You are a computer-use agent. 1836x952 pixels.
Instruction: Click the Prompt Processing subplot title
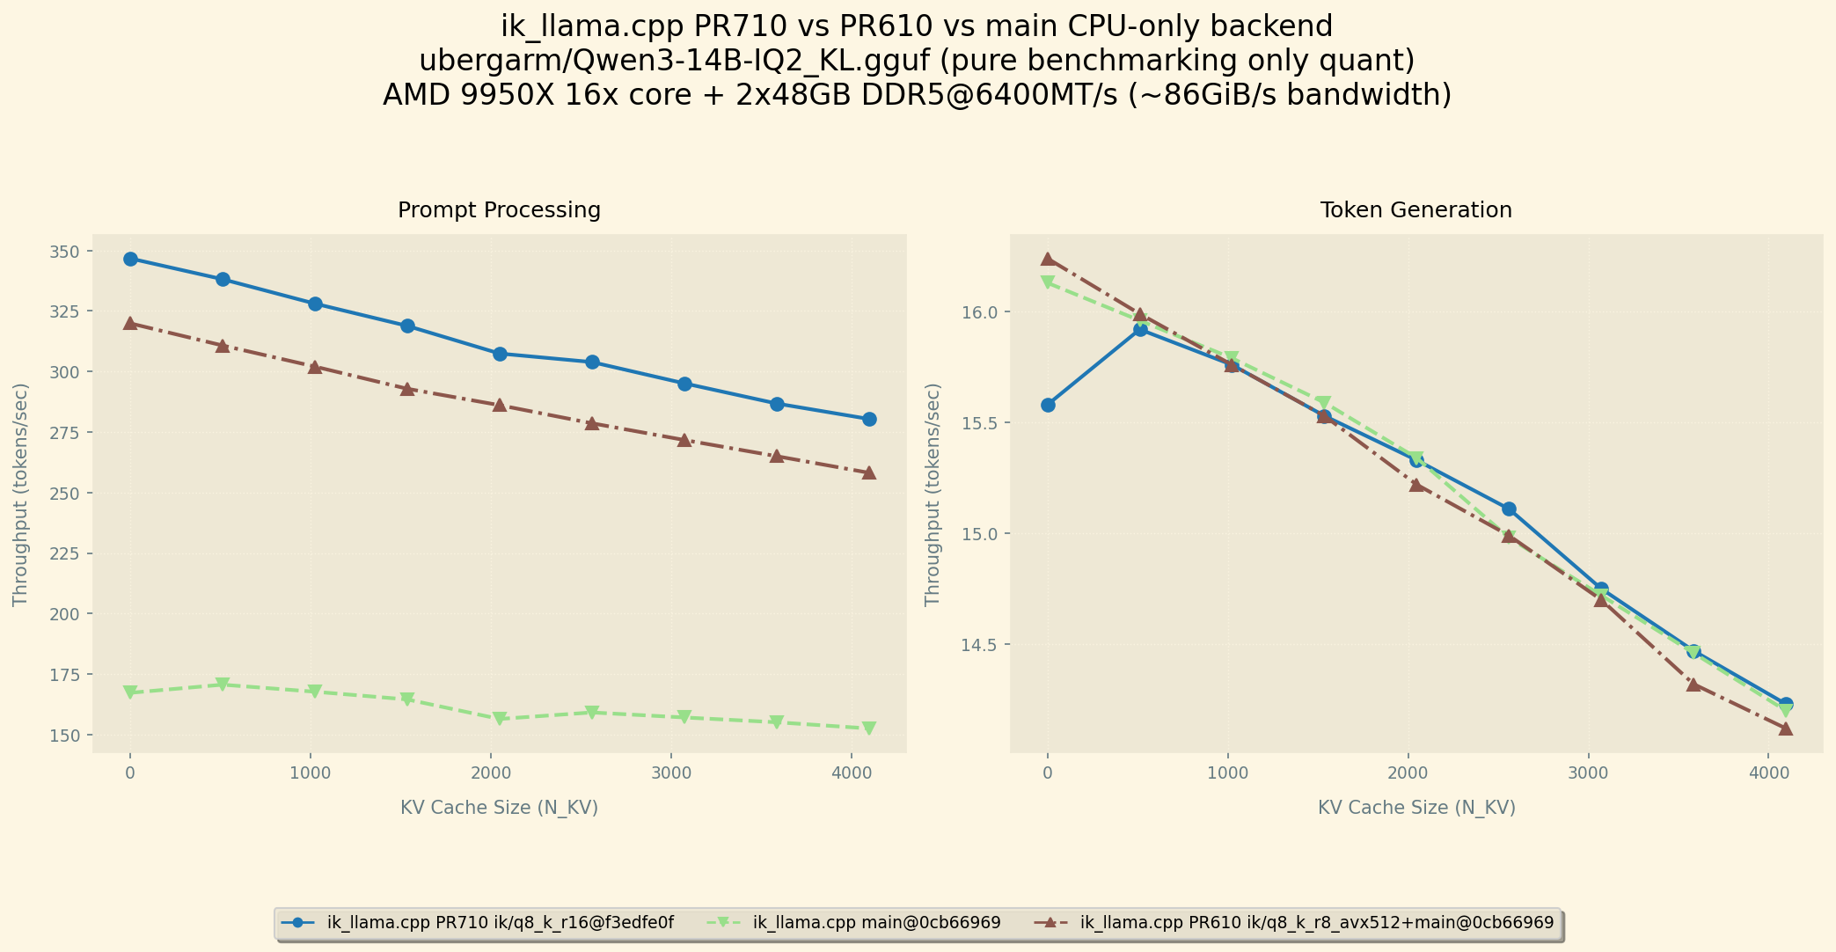pos(499,210)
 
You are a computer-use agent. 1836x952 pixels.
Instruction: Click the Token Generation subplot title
pos(1415,210)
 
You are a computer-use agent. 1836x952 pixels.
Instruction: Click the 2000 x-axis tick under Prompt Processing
pos(490,773)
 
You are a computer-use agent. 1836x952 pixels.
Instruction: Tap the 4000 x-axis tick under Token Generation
pos(1768,773)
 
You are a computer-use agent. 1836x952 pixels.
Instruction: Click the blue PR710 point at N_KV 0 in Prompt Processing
pos(130,259)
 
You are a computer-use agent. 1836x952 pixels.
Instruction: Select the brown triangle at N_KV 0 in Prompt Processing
pos(130,323)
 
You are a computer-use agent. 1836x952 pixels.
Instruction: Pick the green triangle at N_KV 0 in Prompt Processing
pos(130,692)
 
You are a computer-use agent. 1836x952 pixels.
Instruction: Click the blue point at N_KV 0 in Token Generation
pos(1048,405)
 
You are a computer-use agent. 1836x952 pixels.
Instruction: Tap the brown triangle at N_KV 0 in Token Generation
pos(1048,259)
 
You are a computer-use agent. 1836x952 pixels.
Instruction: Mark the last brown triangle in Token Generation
pos(1786,729)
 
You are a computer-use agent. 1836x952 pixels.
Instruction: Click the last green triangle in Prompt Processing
pos(869,729)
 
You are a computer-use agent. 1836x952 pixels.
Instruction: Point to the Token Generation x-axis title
pos(1416,808)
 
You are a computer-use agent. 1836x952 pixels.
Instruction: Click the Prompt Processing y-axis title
pos(20,494)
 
